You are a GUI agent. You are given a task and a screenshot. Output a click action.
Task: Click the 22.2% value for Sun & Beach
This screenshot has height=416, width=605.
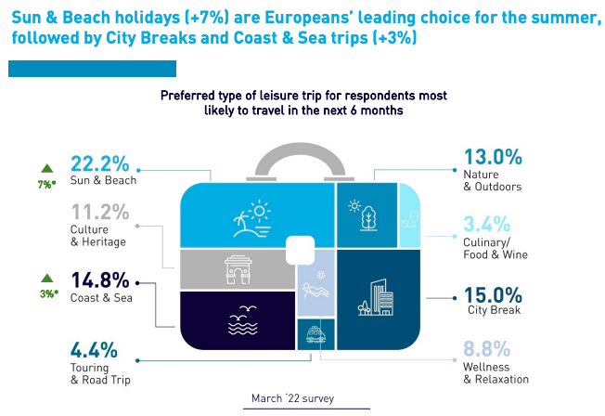click(99, 162)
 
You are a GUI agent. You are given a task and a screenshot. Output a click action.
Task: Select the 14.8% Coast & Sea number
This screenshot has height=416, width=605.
click(100, 281)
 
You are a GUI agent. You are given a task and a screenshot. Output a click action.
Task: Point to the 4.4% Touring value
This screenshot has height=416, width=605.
click(94, 351)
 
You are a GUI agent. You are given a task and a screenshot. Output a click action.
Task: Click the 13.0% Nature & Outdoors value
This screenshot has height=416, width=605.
click(493, 157)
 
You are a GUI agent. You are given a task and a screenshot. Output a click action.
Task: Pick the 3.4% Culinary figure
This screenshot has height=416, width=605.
click(485, 224)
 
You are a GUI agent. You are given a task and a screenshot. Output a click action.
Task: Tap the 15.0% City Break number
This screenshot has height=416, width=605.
click(493, 295)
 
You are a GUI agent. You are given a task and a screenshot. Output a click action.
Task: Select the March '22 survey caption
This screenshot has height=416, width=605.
click(292, 398)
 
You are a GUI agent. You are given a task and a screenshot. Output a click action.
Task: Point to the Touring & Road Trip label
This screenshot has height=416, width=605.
click(101, 373)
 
